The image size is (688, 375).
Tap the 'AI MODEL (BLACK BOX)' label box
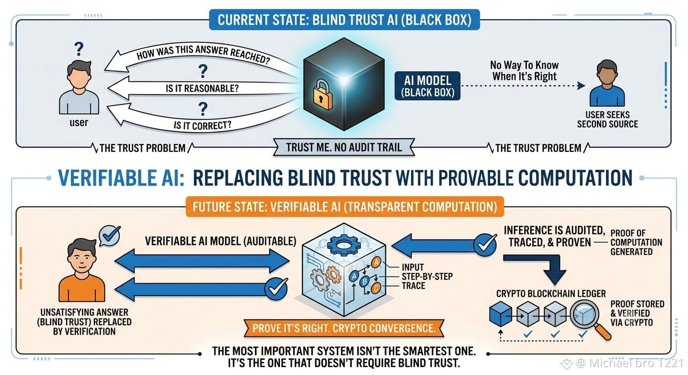point(427,86)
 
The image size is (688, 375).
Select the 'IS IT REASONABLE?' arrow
point(203,88)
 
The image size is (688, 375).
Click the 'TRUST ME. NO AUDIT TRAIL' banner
point(344,147)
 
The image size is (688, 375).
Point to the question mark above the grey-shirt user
point(79,49)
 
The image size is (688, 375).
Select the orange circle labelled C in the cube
point(376,288)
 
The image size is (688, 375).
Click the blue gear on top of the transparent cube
point(343,245)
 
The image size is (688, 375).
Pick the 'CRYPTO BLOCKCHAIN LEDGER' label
point(551,293)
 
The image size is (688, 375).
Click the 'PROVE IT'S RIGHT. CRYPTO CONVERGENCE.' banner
point(344,328)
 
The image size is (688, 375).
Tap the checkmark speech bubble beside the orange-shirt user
point(109,236)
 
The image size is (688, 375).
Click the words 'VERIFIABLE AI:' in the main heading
point(121,178)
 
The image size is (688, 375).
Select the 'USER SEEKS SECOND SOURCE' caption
point(607,119)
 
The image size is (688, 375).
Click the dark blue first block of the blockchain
point(500,313)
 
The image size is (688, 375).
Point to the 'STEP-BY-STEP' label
point(427,276)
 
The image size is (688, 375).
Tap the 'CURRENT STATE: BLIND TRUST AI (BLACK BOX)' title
point(344,20)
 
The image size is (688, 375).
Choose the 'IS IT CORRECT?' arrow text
point(202,125)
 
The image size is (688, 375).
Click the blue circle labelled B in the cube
point(365,281)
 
